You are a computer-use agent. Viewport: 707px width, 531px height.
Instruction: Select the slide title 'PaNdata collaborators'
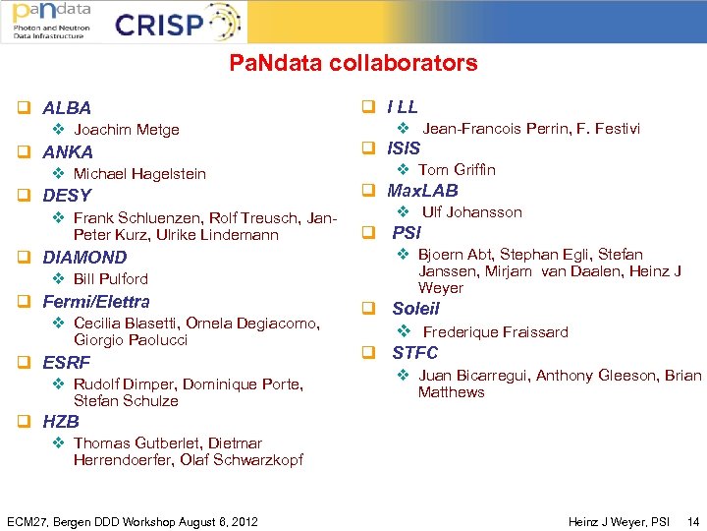pyautogui.click(x=353, y=64)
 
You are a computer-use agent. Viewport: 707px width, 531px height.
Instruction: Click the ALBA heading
pyautogui.click(x=67, y=108)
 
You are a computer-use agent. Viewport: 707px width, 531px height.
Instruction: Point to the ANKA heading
pyautogui.click(x=68, y=152)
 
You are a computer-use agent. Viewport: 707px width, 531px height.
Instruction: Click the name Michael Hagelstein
pyautogui.click(x=139, y=174)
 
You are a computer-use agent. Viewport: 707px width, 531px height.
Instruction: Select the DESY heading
pyautogui.click(x=67, y=196)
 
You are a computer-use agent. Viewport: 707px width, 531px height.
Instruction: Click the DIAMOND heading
pyautogui.click(x=84, y=258)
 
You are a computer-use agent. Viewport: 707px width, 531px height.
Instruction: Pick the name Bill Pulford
pyautogui.click(x=111, y=279)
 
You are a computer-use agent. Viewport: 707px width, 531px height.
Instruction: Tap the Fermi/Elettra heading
pyautogui.click(x=96, y=302)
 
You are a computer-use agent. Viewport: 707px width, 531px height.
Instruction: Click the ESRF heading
pyautogui.click(x=67, y=363)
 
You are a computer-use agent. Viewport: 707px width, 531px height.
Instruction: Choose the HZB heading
pyautogui.click(x=61, y=422)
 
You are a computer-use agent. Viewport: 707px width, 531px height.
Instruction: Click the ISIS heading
pyautogui.click(x=404, y=148)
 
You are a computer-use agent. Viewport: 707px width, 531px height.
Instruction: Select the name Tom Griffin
pyautogui.click(x=457, y=170)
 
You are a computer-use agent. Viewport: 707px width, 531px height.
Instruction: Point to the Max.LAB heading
pyautogui.click(x=422, y=191)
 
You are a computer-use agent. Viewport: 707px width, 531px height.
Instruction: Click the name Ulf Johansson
pyautogui.click(x=472, y=212)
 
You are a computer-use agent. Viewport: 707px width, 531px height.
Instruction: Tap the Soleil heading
pyautogui.click(x=416, y=309)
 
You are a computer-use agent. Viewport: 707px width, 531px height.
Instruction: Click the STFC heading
pyautogui.click(x=415, y=353)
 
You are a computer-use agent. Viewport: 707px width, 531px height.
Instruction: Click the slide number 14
pyautogui.click(x=693, y=521)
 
